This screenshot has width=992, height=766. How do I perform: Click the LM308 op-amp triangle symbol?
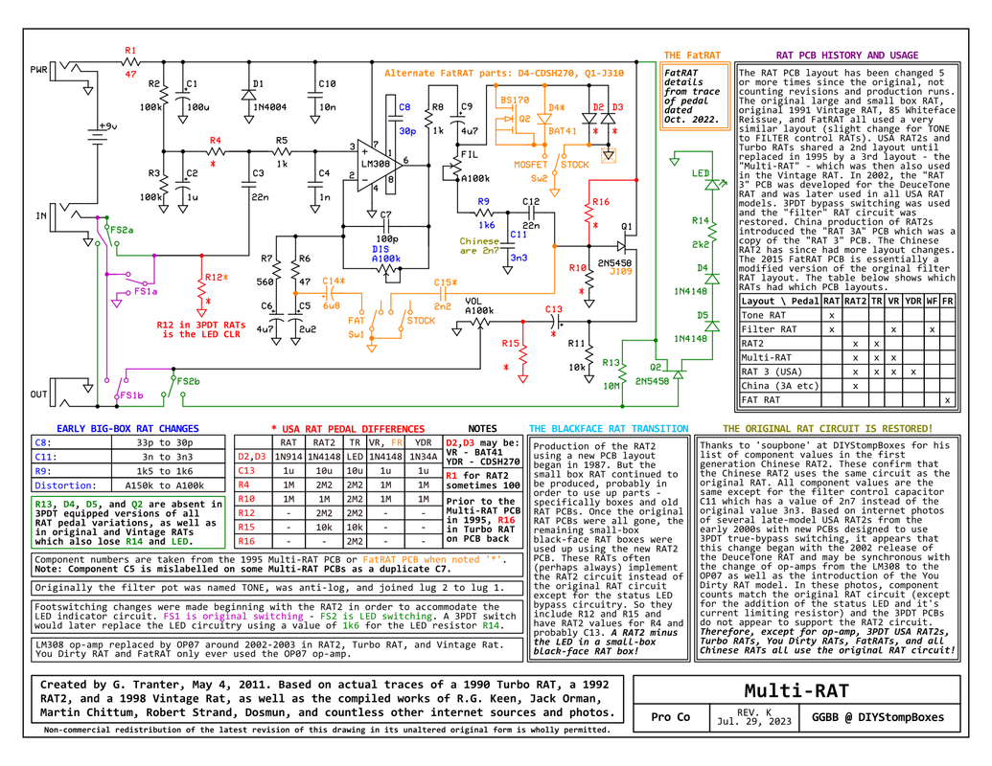tap(378, 164)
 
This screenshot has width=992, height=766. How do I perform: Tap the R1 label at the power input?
tap(130, 51)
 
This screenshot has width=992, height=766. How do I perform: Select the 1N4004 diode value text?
tap(270, 107)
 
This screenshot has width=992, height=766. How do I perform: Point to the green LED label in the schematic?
tap(701, 173)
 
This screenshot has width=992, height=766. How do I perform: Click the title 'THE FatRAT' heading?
tap(692, 55)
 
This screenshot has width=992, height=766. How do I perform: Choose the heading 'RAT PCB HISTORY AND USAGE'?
tap(847, 55)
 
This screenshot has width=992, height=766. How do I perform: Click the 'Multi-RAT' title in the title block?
tap(796, 690)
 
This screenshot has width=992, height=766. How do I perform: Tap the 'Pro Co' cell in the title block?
tap(671, 717)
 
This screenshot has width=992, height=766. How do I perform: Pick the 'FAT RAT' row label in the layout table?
tap(760, 400)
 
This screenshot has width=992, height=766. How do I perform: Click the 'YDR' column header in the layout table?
tap(912, 301)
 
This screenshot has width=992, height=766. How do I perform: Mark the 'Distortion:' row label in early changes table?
tap(62, 485)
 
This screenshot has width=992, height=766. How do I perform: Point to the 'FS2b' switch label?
tap(188, 382)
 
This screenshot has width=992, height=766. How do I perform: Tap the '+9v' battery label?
tap(107, 126)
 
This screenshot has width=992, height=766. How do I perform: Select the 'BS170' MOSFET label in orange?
tap(515, 100)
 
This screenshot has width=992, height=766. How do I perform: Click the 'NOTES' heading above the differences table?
tap(482, 429)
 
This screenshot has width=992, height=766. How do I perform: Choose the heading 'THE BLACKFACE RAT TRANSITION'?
tap(609, 429)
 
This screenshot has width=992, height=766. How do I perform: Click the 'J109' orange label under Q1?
tap(621, 271)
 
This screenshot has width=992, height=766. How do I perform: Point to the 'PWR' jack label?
tap(38, 70)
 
